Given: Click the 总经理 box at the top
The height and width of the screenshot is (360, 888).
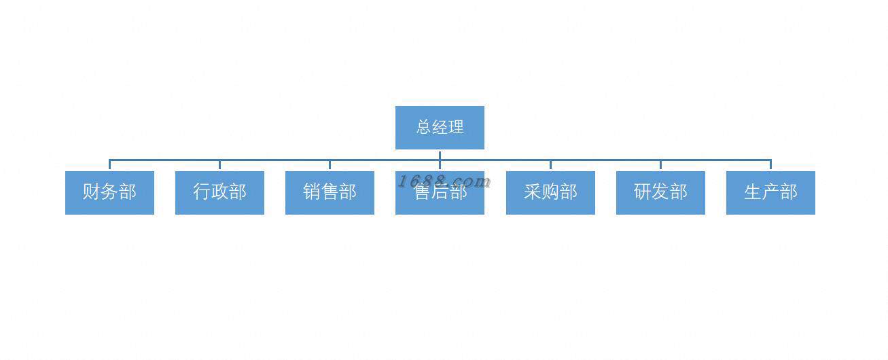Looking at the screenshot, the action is (440, 127).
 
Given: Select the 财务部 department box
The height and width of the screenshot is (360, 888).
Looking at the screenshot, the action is (109, 193).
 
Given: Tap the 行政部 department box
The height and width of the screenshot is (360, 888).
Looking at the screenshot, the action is (219, 193).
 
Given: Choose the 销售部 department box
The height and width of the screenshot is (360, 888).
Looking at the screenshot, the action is (330, 193).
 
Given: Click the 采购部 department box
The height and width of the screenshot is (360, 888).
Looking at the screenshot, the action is (550, 193).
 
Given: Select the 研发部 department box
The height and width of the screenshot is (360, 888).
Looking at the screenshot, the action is (660, 193).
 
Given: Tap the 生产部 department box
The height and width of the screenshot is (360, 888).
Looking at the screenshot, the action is (770, 193).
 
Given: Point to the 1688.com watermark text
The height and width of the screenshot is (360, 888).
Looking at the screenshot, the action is (444, 181).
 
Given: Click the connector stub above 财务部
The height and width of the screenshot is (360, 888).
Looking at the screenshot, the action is (109, 165).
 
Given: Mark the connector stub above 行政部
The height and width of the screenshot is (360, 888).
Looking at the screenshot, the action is (219, 165).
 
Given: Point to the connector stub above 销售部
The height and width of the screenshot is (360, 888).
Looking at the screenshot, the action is (330, 165).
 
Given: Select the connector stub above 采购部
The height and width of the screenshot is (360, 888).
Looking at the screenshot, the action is (550, 165).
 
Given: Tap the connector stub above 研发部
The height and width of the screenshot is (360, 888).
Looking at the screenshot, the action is (660, 165).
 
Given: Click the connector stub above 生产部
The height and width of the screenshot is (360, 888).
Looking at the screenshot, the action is (770, 165).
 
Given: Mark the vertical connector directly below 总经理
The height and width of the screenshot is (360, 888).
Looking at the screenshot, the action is (440, 155).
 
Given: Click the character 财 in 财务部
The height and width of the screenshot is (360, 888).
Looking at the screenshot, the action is (92, 192).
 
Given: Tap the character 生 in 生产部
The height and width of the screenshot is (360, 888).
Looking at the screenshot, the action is (753, 192).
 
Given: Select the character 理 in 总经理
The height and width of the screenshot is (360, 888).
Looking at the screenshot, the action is (456, 127).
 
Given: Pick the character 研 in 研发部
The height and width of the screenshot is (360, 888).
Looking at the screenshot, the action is (643, 192).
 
